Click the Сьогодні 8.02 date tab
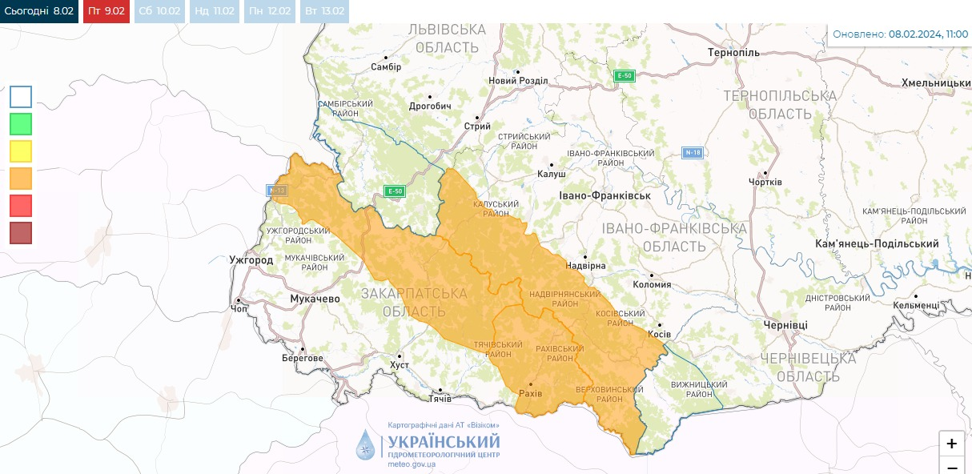(39, 11)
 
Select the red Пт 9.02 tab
(106, 11)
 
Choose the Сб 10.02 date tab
(159, 11)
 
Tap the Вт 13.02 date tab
(324, 11)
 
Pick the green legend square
(21, 124)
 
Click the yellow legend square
(21, 151)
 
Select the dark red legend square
(21, 233)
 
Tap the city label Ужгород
(251, 260)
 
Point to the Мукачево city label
(314, 299)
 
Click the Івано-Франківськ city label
(604, 195)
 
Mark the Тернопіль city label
(733, 53)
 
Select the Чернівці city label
(785, 325)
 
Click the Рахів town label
(530, 393)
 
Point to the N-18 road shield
(693, 153)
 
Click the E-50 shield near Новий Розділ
(625, 76)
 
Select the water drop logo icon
(365, 445)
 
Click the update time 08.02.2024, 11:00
(928, 34)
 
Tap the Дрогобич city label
(430, 106)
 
